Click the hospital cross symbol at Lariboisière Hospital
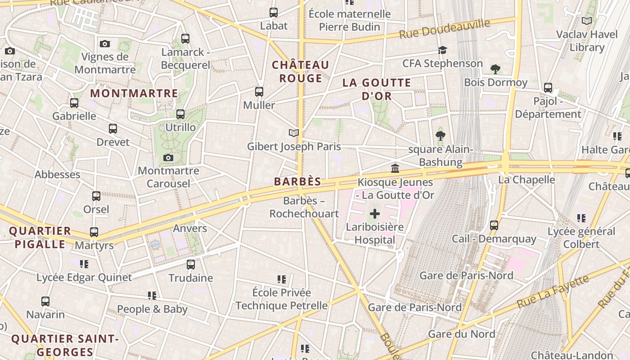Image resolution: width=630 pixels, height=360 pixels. click(x=375, y=213)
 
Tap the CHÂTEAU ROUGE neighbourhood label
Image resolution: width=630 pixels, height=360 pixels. click(x=301, y=72)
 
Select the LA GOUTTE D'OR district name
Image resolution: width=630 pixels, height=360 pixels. click(x=377, y=89)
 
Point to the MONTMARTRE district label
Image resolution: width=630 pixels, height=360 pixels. click(x=135, y=94)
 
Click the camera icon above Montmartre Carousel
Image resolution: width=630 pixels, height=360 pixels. click(x=168, y=157)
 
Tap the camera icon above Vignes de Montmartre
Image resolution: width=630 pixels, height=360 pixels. click(x=105, y=44)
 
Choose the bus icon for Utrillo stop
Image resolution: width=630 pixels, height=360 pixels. click(x=180, y=114)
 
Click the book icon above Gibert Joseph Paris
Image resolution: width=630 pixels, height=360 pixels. click(x=294, y=133)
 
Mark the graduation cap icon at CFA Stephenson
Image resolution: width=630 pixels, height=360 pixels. click(x=443, y=50)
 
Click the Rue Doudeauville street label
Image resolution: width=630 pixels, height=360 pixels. click(x=445, y=29)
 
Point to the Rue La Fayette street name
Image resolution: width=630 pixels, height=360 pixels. click(x=553, y=292)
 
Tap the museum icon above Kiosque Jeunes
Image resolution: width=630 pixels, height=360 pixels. click(x=395, y=169)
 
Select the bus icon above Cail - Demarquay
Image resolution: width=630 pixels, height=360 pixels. click(x=494, y=225)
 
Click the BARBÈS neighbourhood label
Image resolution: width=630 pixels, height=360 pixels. click(x=298, y=182)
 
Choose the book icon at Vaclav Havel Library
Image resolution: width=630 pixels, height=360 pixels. click(x=587, y=21)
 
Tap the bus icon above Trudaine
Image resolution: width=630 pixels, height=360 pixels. click(x=191, y=264)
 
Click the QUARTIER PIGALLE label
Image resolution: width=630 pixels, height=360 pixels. click(x=40, y=238)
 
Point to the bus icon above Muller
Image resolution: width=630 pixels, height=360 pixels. click(x=259, y=92)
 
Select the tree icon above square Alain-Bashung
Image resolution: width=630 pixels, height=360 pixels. click(x=441, y=135)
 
